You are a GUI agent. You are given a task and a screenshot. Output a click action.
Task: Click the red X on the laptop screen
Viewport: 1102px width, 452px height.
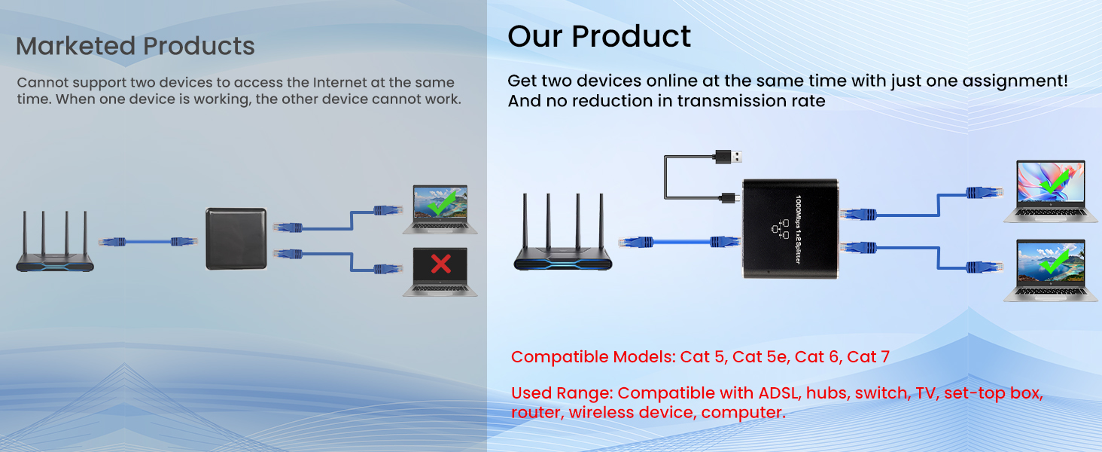[440, 263]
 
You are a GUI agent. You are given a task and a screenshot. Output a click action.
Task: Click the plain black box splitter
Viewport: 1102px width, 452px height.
[236, 239]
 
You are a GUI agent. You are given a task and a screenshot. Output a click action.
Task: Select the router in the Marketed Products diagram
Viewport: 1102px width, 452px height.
[54, 245]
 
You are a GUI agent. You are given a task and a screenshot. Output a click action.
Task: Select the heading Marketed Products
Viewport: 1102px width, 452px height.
[135, 47]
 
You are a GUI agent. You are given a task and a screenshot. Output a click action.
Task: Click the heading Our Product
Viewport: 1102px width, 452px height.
[599, 36]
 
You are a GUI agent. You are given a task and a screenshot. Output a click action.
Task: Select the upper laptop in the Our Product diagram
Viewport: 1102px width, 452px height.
[1045, 191]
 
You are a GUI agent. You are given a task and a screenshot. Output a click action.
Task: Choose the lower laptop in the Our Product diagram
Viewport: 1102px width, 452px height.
[1045, 270]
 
